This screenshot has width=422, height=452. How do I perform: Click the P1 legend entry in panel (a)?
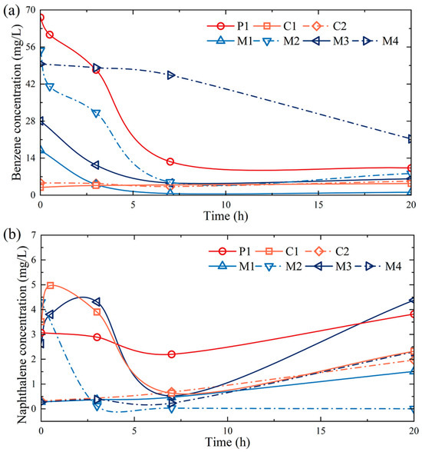click(228, 26)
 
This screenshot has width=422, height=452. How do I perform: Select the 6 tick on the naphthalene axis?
click(34, 260)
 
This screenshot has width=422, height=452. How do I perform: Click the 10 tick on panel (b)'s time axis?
click(227, 431)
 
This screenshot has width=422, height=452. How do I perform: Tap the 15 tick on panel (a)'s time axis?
click(318, 204)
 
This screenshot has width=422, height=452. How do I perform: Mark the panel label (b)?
click(12, 235)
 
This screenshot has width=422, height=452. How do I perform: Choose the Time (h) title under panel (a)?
click(226, 215)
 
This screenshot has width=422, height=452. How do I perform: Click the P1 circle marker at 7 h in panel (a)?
click(170, 161)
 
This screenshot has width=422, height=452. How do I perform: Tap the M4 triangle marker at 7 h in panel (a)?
click(171, 75)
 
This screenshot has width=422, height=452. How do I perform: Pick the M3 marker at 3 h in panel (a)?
click(95, 165)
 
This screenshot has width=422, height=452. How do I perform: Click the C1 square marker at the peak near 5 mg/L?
click(51, 285)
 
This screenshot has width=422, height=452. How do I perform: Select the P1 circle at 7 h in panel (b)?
click(171, 354)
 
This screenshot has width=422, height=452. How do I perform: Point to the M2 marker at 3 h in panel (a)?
click(97, 113)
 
